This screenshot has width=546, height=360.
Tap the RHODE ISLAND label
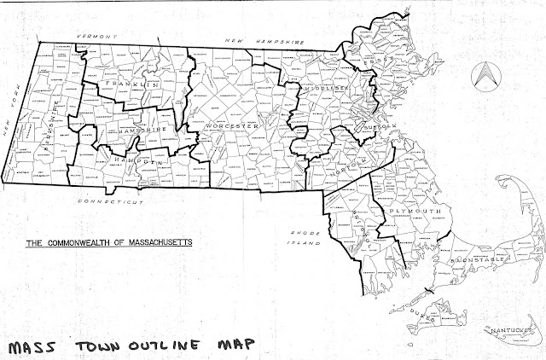click(x=303, y=237)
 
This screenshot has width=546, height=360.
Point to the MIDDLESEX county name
click(x=322, y=90)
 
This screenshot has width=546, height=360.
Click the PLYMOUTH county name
click(x=415, y=210)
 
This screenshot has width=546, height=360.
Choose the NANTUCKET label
click(x=508, y=329)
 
